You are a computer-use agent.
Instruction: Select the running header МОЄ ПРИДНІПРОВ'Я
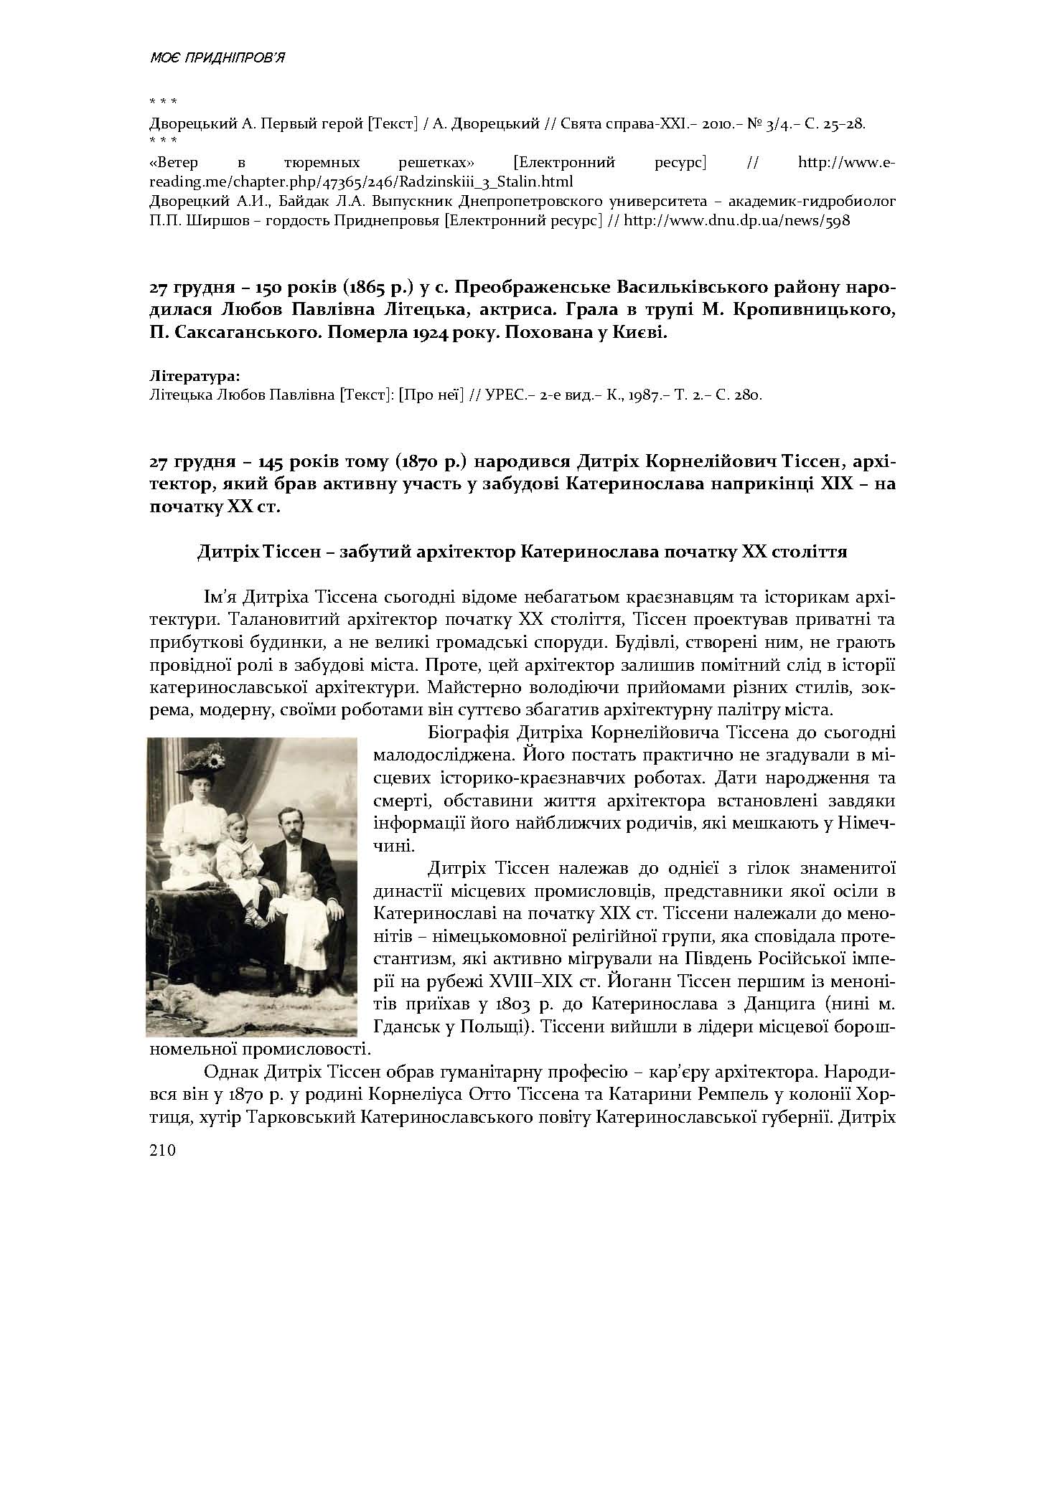coord(217,58)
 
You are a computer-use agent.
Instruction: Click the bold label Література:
coord(195,376)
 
